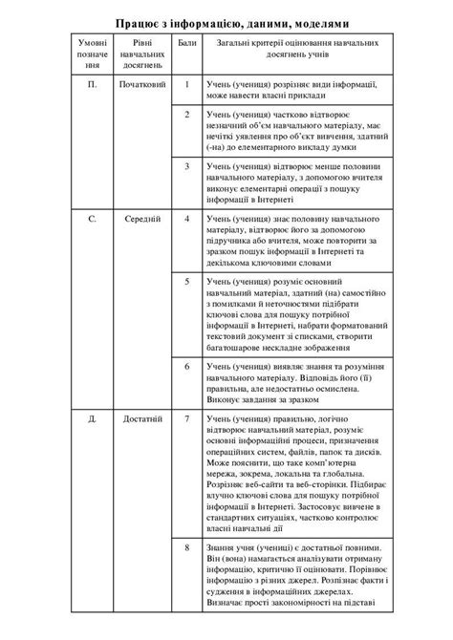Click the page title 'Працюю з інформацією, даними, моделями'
point(226,20)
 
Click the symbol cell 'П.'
point(93,86)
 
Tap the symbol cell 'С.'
point(93,220)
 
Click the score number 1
point(187,86)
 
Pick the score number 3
point(187,166)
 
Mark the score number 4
point(187,220)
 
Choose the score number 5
point(187,283)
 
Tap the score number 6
point(187,366)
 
